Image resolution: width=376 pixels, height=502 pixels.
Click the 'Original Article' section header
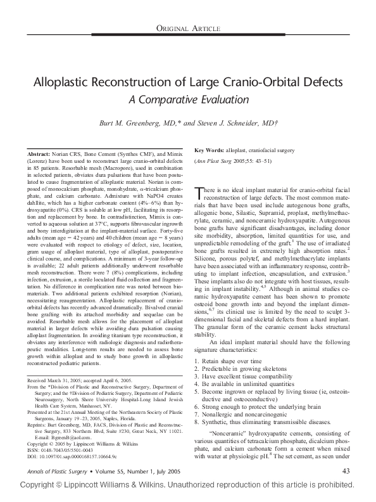click(x=187, y=29)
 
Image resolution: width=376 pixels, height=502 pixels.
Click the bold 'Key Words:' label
click(x=208, y=150)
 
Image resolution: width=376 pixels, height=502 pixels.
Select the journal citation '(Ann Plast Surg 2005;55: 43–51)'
click(x=232, y=162)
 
